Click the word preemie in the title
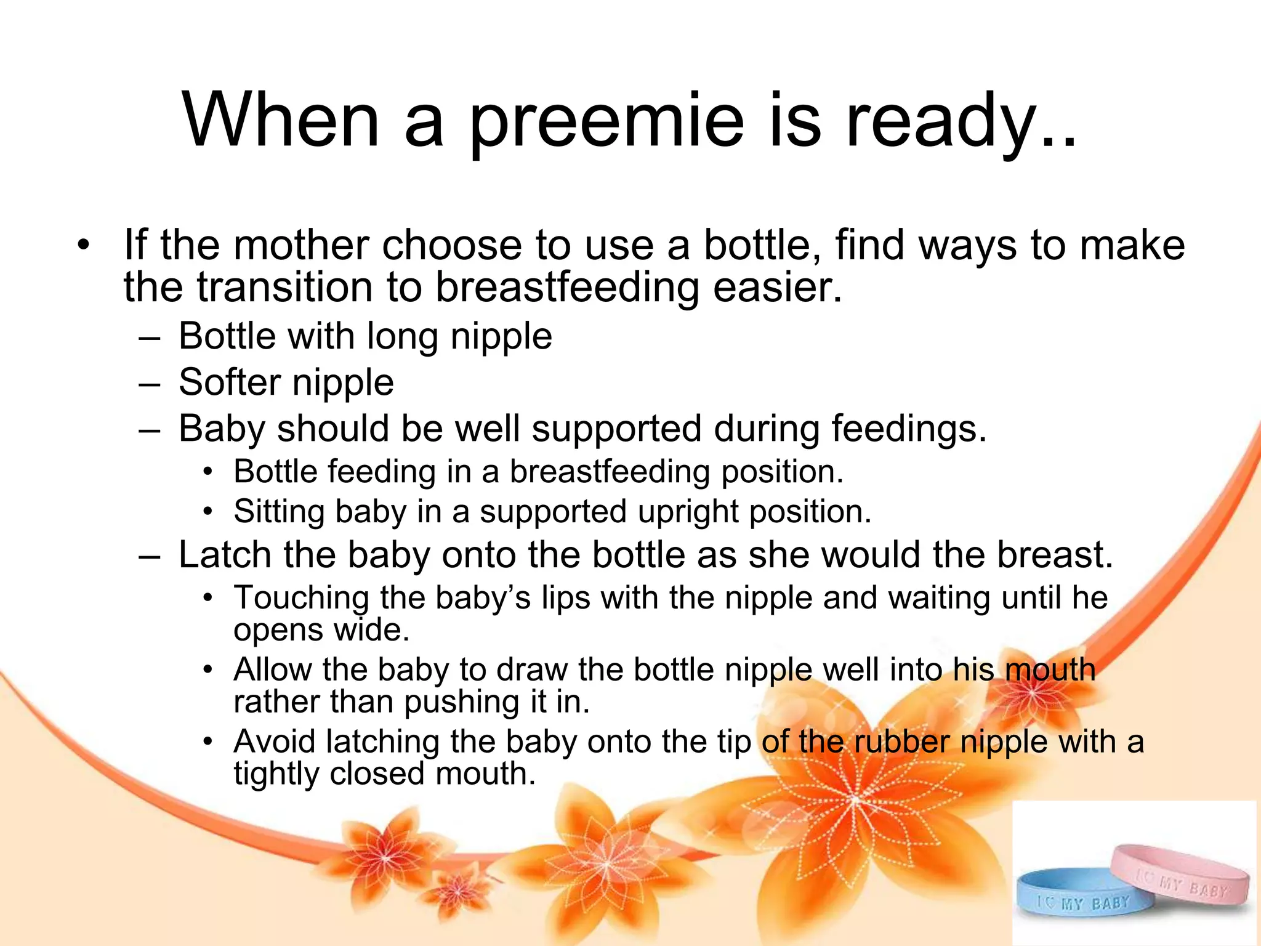tap(606, 121)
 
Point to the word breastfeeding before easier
tap(567, 288)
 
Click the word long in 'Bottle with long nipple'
tap(403, 337)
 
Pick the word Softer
tap(229, 382)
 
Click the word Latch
tap(225, 554)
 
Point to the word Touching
tap(301, 598)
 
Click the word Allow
tap(272, 669)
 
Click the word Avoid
tap(274, 742)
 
